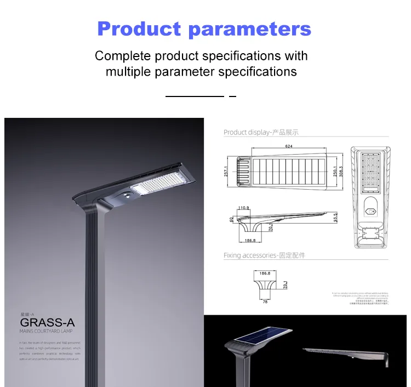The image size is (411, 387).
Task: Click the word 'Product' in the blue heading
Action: (139, 29)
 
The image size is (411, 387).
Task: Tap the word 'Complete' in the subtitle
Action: (122, 56)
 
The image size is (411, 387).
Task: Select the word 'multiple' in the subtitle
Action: (130, 71)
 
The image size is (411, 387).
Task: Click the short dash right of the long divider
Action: (232, 96)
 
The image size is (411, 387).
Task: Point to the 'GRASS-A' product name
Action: (47, 322)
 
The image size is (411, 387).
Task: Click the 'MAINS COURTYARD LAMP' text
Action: (46, 331)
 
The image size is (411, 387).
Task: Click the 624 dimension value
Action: (288, 147)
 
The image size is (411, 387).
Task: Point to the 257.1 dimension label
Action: (225, 172)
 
